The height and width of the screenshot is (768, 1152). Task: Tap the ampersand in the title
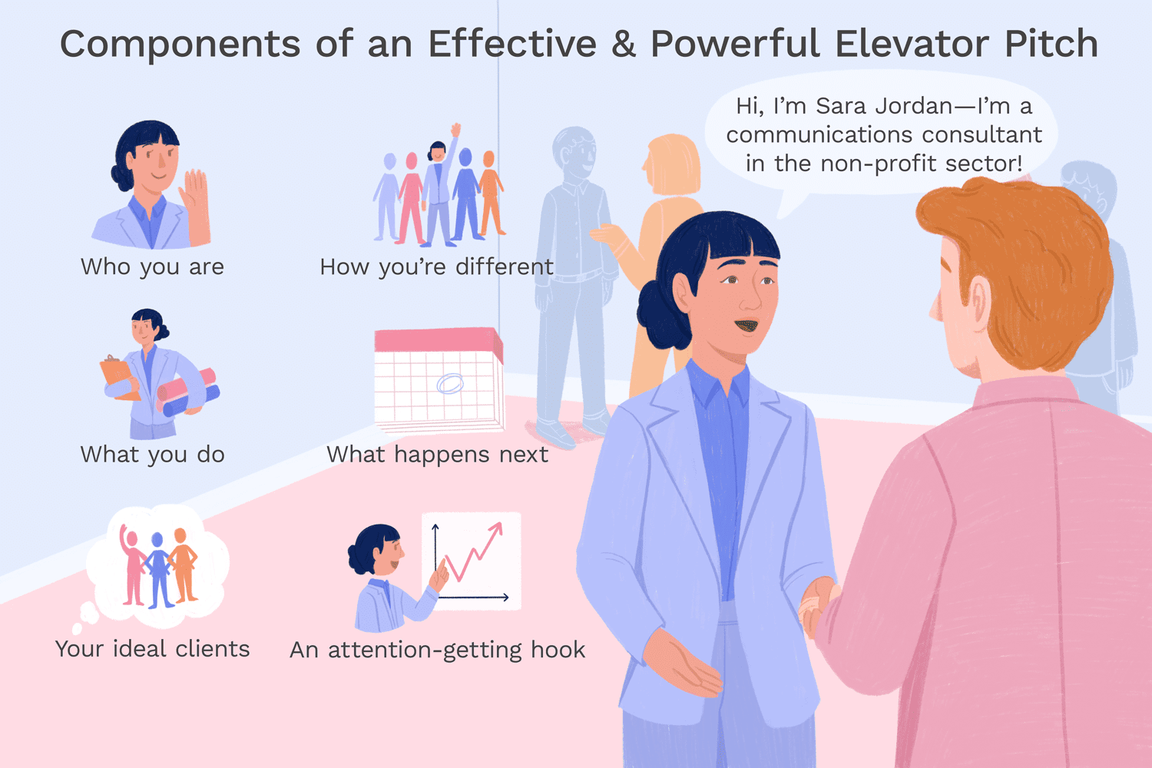624,45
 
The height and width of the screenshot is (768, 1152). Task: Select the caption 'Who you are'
152,266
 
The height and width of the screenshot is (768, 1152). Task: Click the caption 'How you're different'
436,266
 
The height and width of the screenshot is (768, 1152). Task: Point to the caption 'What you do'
152,454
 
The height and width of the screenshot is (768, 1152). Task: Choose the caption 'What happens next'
437,454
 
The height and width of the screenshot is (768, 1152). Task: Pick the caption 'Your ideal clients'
152,649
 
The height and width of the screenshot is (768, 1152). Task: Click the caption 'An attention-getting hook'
437,650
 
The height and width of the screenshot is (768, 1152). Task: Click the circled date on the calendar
450,382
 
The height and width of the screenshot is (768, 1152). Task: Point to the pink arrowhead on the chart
496,529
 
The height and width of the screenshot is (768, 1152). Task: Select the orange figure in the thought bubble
183,565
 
